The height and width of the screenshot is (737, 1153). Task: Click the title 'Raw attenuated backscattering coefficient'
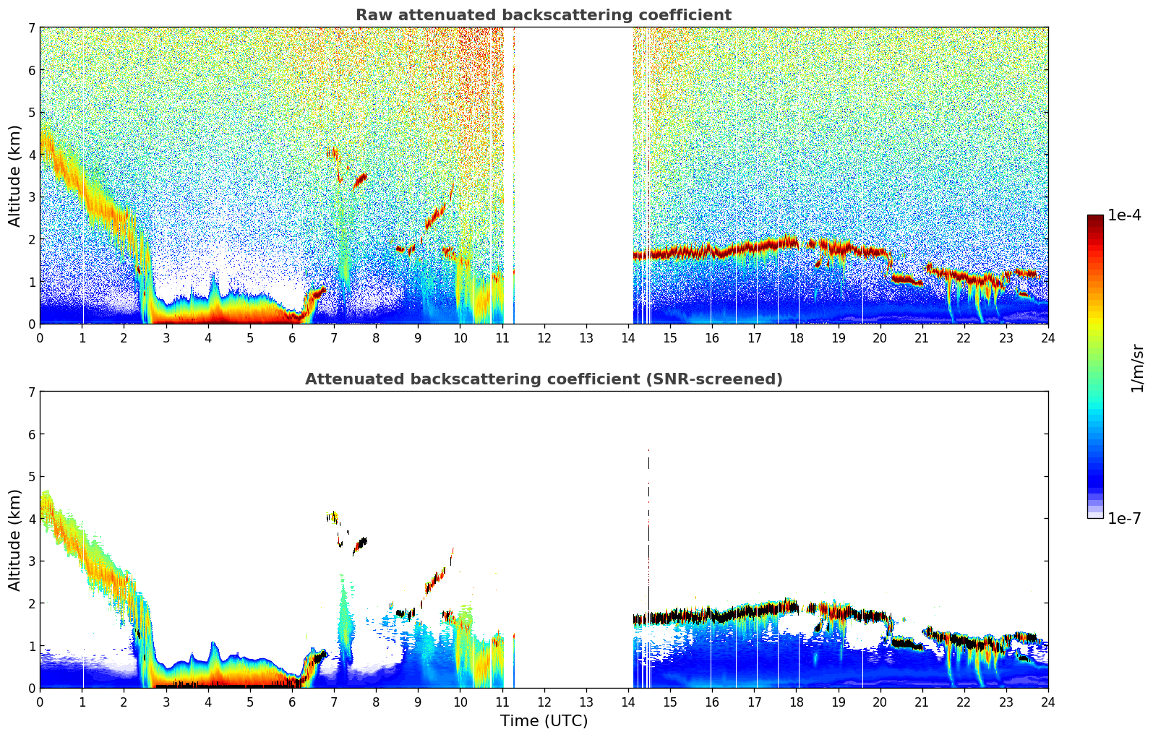click(543, 15)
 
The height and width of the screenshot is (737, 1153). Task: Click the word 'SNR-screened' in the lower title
click(725, 379)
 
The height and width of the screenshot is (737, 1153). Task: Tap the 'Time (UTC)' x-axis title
click(544, 720)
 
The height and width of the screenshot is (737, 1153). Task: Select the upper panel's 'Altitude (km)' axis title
click(15, 176)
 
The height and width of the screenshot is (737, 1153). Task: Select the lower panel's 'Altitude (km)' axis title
click(15, 540)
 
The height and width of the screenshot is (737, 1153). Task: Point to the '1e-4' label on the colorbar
click(1124, 215)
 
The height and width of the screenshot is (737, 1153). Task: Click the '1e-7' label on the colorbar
click(1124, 518)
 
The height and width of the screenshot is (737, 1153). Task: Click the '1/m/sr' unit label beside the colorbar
click(1137, 368)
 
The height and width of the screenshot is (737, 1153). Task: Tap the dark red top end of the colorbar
click(1094, 218)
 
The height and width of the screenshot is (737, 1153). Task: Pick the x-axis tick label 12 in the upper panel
click(544, 337)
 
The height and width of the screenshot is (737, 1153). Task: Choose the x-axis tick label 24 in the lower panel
click(1047, 702)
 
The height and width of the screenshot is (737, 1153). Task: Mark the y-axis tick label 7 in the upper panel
click(31, 27)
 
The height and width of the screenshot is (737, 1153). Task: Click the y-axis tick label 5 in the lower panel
click(31, 476)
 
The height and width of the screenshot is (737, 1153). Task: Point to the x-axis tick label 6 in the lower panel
click(292, 702)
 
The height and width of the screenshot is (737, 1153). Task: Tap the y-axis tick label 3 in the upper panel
click(31, 197)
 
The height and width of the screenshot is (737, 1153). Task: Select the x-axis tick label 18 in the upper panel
click(796, 337)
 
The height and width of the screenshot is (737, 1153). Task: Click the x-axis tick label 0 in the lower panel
click(40, 702)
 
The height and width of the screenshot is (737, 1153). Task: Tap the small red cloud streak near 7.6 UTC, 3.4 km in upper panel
click(360, 178)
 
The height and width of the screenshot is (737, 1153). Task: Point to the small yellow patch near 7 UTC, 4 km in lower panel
click(333, 517)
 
